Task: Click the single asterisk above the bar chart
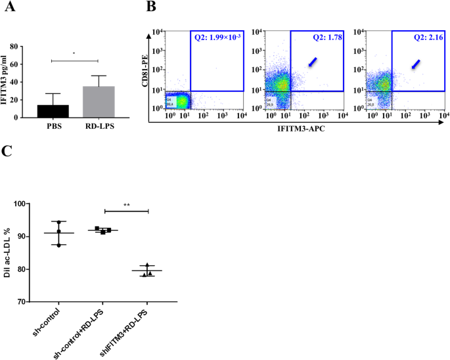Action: (74, 55)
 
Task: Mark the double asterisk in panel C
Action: (126, 205)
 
